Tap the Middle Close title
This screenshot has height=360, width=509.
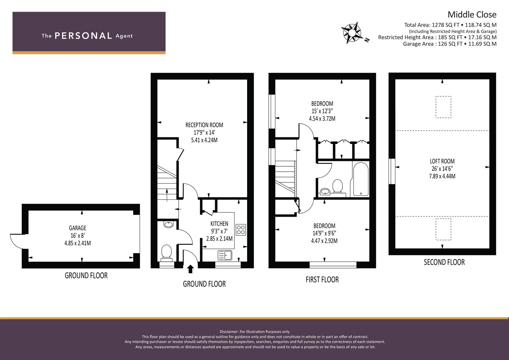(472, 15)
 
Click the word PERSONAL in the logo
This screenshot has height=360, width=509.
(83, 36)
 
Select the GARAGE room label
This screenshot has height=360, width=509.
(77, 228)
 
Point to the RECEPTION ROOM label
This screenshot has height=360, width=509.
(204, 125)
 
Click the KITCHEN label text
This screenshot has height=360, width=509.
(219, 224)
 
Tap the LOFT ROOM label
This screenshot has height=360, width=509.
(442, 161)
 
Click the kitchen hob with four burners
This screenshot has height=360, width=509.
(241, 230)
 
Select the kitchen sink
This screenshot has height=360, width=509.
(225, 255)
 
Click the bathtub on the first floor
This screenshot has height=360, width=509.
(360, 179)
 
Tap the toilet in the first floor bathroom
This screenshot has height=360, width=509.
(338, 186)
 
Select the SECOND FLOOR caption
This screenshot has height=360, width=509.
(444, 262)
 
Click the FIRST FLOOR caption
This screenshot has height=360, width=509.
(322, 280)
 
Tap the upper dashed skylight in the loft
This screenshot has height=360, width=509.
(443, 107)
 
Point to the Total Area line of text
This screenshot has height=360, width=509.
(450, 25)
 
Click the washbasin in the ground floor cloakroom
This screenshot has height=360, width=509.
(169, 224)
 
